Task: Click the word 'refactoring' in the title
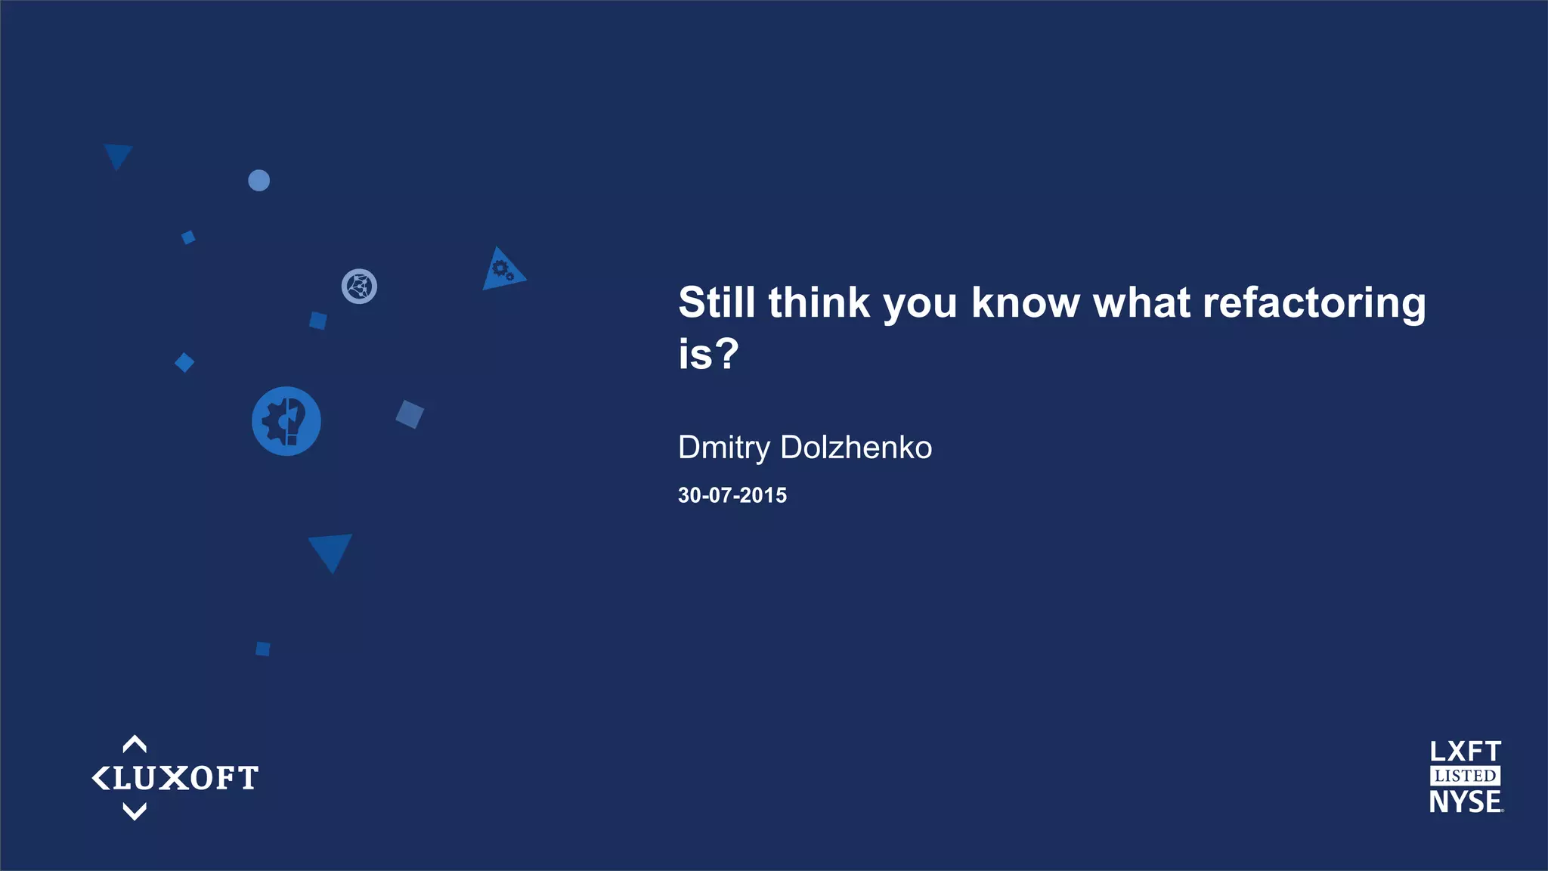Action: click(1314, 304)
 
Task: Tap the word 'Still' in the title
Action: click(717, 302)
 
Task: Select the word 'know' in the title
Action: click(1025, 302)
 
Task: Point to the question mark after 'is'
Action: click(726, 354)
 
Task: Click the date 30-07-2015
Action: click(732, 495)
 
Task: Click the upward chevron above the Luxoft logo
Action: click(135, 744)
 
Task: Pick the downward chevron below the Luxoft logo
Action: click(135, 812)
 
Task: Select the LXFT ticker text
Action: click(1465, 752)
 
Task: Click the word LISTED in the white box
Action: click(1465, 776)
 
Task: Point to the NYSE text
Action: click(1465, 802)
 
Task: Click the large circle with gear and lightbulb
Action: click(286, 421)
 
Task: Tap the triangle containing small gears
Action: click(501, 271)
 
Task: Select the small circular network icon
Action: click(359, 287)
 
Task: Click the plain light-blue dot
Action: click(259, 181)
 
